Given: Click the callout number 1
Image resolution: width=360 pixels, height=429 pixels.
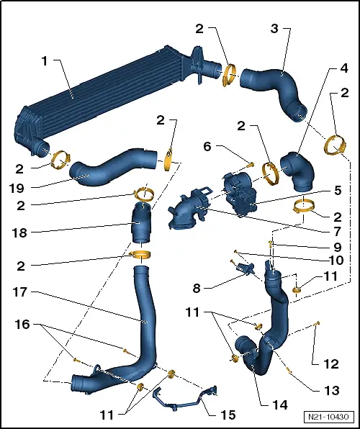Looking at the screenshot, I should pyautogui.click(x=45, y=62).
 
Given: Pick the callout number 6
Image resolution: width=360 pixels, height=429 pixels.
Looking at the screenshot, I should pyautogui.click(x=207, y=146).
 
